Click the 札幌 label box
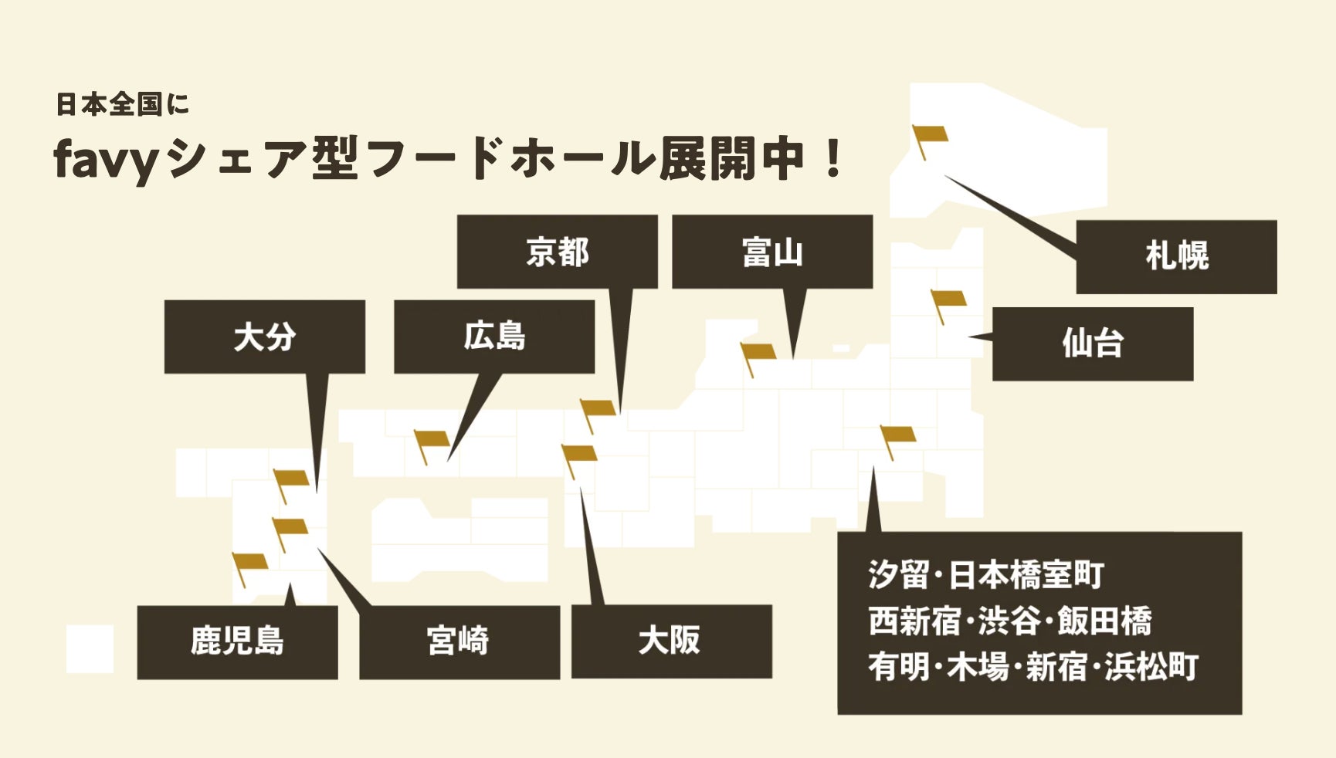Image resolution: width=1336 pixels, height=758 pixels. pyautogui.click(x=1176, y=256)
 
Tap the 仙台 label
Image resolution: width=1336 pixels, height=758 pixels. pyautogui.click(x=1092, y=343)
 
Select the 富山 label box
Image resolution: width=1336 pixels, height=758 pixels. pyautogui.click(x=772, y=252)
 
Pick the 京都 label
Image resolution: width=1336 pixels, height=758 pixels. pyautogui.click(x=557, y=252)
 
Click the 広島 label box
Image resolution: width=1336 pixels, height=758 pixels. pyautogui.click(x=494, y=337)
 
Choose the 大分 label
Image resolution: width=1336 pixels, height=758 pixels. pyautogui.click(x=264, y=337)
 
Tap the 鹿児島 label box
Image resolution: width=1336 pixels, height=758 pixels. pyautogui.click(x=237, y=641)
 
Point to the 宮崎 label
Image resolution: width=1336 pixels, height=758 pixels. pyautogui.click(x=459, y=641)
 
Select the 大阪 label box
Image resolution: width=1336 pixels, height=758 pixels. pyautogui.click(x=670, y=641)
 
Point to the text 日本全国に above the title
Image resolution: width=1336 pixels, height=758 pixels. pyautogui.click(x=122, y=104)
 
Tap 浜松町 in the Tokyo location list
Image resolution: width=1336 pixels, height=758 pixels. pyautogui.click(x=1151, y=668)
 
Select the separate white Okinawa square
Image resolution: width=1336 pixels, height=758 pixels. pyautogui.click(x=90, y=648)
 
